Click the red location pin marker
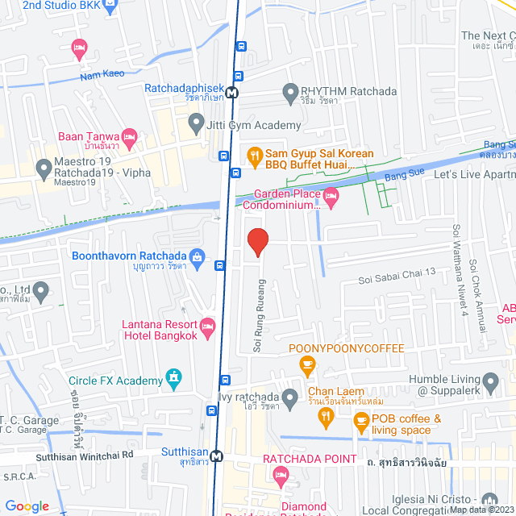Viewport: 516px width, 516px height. (x=257, y=242)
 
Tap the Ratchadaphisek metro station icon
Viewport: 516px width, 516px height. (x=232, y=92)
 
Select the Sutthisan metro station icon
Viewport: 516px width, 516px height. (x=216, y=456)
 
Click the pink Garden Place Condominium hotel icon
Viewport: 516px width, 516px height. (x=331, y=195)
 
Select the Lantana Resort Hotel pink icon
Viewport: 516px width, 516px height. (x=208, y=327)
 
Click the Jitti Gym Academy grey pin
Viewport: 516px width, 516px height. (x=194, y=124)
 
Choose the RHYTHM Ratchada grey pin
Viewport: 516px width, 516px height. (x=290, y=94)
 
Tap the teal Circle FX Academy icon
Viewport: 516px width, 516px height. (x=173, y=377)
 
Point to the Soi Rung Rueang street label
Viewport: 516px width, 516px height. (x=259, y=316)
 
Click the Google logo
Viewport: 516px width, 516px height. (x=27, y=506)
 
